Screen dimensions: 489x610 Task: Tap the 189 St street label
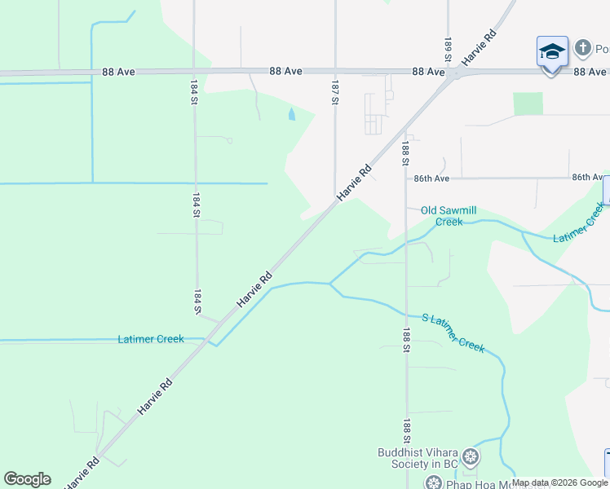448,48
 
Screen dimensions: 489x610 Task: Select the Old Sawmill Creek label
449,215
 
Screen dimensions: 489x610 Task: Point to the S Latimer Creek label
453,333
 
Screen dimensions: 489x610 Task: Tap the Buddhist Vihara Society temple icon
471,456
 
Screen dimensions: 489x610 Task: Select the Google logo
27,479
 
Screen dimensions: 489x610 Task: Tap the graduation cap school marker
552,51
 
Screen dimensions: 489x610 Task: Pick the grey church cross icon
582,48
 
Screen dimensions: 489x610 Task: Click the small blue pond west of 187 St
292,115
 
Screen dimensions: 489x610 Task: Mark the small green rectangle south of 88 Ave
528,104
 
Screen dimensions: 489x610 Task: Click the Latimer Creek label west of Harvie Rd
151,339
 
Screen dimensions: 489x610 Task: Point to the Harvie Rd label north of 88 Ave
480,48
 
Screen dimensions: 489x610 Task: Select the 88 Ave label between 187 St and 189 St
428,72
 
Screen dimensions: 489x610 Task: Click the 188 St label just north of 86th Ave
405,153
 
